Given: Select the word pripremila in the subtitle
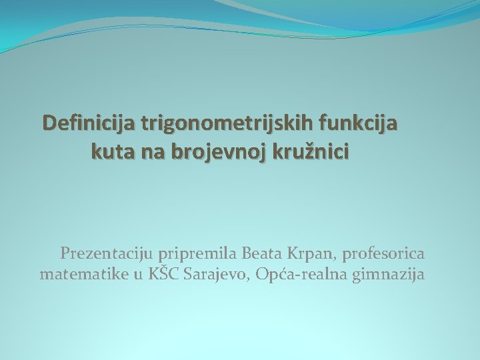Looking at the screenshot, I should [194, 253].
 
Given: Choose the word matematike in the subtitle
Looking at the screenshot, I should [81, 274].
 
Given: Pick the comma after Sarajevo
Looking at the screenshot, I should [250, 279].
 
